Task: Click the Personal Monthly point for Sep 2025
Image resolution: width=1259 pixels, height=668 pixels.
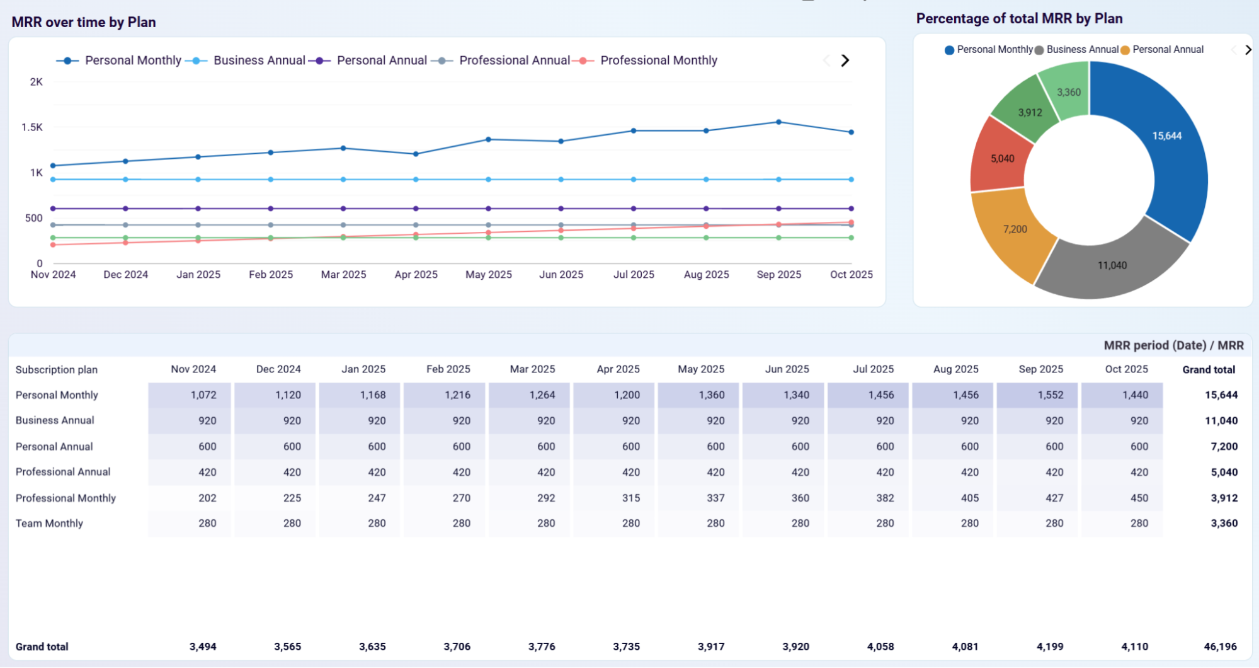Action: point(779,122)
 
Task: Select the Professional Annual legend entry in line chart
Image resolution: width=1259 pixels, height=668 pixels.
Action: point(514,60)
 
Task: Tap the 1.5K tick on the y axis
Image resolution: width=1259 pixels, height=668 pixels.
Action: point(32,127)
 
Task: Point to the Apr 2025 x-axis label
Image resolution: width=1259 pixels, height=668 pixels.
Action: point(416,275)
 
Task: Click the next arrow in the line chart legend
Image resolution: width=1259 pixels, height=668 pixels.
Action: point(845,60)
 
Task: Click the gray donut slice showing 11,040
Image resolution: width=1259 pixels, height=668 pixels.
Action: point(1112,265)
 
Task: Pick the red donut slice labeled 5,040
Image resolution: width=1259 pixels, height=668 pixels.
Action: point(1002,159)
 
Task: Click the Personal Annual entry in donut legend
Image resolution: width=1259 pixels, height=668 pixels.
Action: point(1167,50)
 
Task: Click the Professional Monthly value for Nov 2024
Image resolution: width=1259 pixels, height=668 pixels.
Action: point(207,498)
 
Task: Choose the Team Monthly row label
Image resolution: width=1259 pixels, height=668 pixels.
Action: point(49,523)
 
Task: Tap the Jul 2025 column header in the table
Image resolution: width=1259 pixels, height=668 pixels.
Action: point(873,369)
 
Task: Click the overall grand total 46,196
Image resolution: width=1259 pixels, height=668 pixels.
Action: point(1220,647)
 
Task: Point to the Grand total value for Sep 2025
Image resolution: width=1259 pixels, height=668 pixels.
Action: point(1050,647)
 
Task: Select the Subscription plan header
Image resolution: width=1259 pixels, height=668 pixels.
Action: point(57,370)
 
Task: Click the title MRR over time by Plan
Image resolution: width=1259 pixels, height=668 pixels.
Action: point(84,22)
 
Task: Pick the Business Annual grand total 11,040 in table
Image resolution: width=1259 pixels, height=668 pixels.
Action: point(1221,421)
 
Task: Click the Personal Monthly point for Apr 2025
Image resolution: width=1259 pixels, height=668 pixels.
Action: point(416,154)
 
